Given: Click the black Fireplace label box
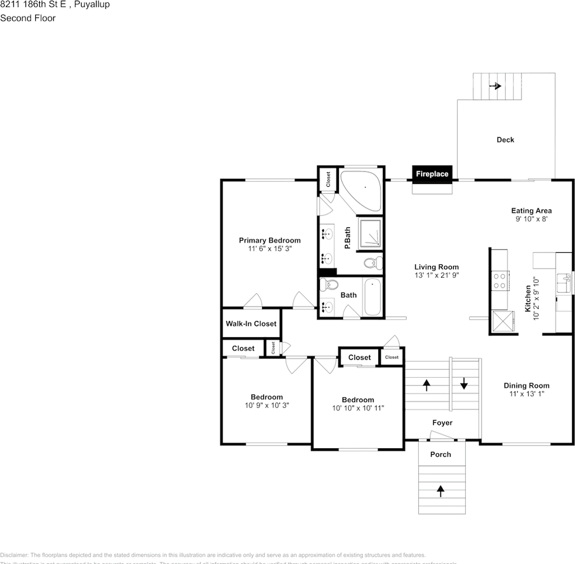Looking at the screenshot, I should point(432,174).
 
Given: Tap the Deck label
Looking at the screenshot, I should point(505,140).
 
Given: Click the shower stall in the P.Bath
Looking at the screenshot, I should point(371,233).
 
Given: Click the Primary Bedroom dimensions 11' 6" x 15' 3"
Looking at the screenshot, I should point(270,249).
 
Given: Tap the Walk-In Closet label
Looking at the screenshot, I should point(251,324).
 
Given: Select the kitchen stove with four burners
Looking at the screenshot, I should point(500,281).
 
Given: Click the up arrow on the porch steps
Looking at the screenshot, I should point(441,489).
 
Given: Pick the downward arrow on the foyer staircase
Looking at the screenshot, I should point(464,385).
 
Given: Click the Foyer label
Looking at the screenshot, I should point(442,422).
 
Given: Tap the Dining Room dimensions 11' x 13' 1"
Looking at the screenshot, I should point(527,394).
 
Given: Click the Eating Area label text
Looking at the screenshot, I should point(531,211).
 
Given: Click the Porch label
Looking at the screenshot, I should point(441,454).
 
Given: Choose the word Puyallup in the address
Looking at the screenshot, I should point(92,5).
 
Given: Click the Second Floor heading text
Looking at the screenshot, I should point(28,18).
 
